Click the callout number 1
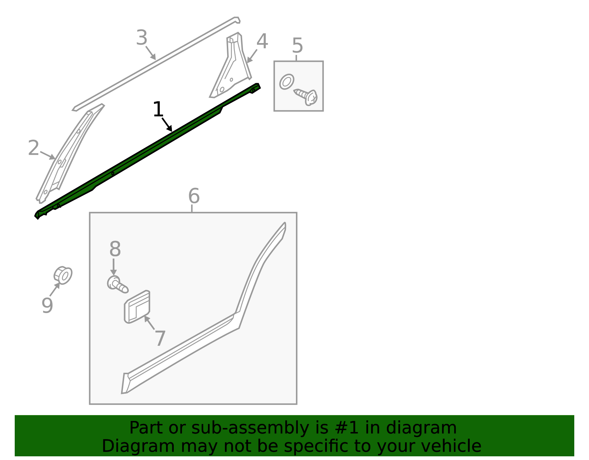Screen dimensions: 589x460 click(158, 109)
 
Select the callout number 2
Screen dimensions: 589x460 click(33, 148)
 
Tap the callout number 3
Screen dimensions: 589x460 click(142, 38)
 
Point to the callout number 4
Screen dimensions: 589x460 click(262, 41)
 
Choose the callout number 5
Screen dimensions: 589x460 click(297, 46)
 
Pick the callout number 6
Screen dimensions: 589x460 click(194, 196)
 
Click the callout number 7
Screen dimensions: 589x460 click(160, 338)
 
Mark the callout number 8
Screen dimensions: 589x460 click(115, 249)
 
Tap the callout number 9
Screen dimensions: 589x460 click(47, 305)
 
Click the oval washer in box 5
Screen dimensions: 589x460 click(287, 82)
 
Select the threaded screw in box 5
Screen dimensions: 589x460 click(306, 96)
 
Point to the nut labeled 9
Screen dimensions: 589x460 click(63, 275)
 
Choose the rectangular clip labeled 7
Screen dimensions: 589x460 click(137, 307)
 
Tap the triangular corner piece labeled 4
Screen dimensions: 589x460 click(231, 65)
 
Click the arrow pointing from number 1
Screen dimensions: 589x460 click(167, 125)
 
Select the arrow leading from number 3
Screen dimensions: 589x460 click(151, 53)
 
